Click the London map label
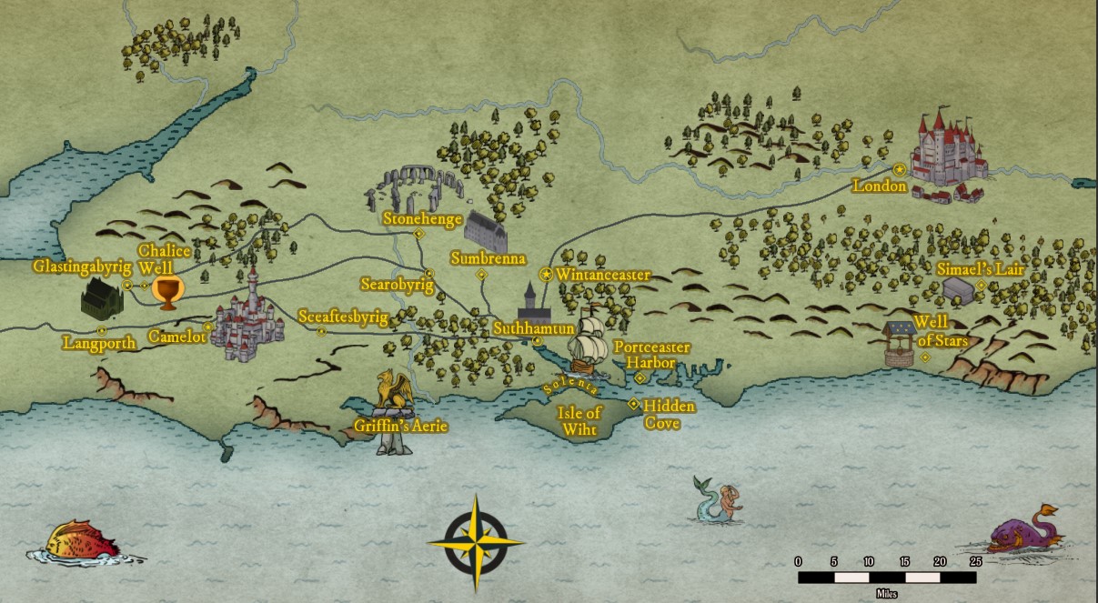(879, 186)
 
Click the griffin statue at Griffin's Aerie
(395, 397)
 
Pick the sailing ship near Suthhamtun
(589, 347)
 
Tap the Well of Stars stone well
(899, 344)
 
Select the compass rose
(476, 542)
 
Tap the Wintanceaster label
(604, 274)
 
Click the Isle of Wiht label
(580, 421)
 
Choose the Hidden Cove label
(670, 414)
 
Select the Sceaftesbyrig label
(343, 317)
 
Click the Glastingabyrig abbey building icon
(101, 298)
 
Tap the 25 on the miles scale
(975, 560)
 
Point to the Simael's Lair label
(981, 269)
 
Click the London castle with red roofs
(948, 155)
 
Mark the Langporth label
(99, 343)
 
